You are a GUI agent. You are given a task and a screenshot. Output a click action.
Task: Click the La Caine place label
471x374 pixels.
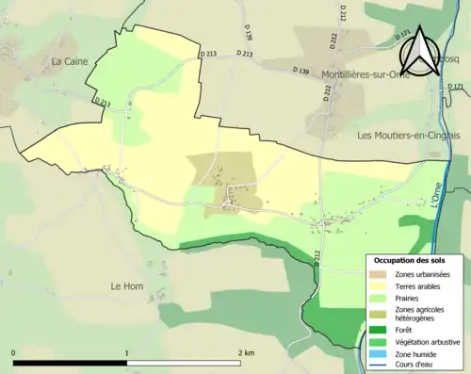click(70, 61)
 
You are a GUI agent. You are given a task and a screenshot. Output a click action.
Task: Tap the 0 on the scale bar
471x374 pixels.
click(14, 353)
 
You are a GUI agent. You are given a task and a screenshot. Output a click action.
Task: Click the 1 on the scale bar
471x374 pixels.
click(127, 353)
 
